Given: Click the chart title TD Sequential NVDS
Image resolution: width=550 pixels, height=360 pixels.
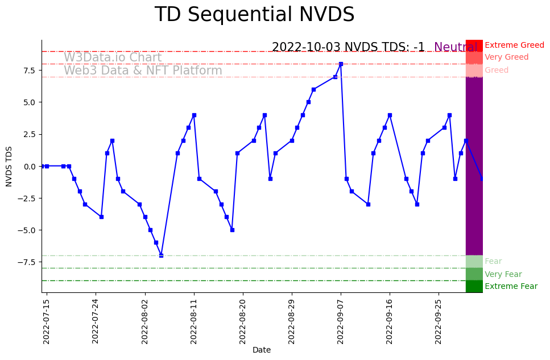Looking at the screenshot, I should click(x=254, y=15).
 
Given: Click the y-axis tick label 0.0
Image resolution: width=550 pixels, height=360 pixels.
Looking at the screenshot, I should click(x=30, y=166).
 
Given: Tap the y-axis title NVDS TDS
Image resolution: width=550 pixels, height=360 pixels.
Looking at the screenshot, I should click(x=9, y=166).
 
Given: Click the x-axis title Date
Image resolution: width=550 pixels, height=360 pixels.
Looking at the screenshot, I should click(x=262, y=350).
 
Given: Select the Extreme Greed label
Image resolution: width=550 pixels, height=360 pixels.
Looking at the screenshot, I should click(x=514, y=45).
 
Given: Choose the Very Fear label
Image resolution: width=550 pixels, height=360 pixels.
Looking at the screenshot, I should click(x=503, y=274).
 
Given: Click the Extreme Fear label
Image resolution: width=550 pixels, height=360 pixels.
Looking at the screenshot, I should click(x=511, y=287).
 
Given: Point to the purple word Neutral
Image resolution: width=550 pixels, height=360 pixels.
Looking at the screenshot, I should click(x=456, y=48).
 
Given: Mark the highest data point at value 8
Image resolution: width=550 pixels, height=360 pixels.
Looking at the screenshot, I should click(x=341, y=64).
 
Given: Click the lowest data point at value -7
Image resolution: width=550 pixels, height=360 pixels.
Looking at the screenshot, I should click(x=161, y=255).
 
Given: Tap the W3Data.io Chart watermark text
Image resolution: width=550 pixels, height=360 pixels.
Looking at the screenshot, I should click(x=113, y=57).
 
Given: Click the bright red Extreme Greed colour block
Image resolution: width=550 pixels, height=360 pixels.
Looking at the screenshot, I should click(x=474, y=45).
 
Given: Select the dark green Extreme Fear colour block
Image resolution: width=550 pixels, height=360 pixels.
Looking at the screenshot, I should click(x=474, y=286).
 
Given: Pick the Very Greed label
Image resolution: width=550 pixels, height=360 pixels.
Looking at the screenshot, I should click(x=506, y=57).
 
